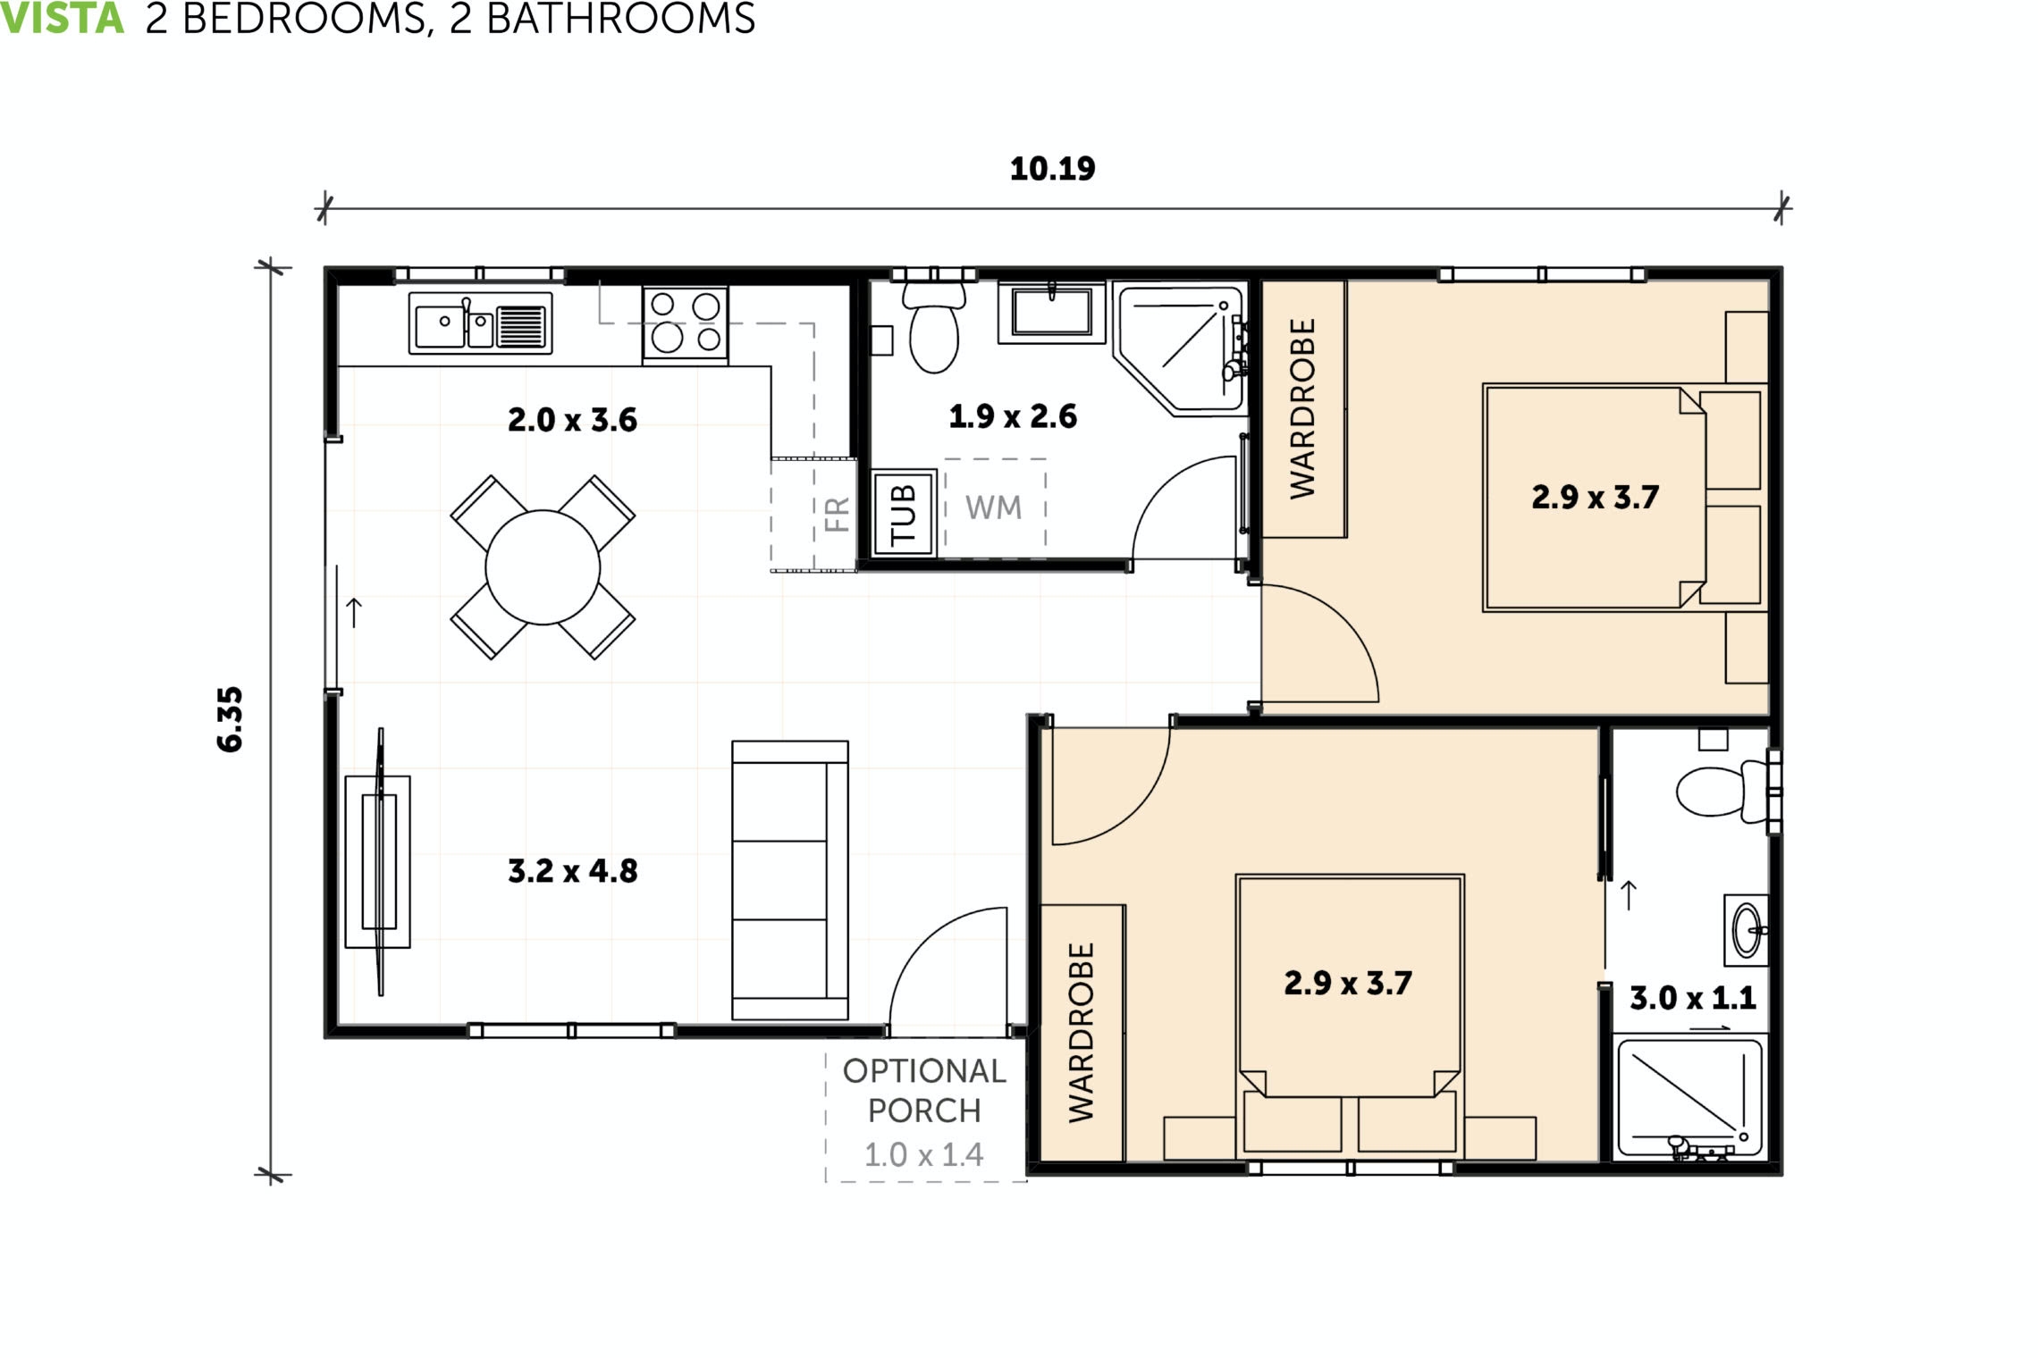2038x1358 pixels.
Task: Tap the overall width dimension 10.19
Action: [1052, 169]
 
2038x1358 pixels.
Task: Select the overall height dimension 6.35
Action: [230, 719]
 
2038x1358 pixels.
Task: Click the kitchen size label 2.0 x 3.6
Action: [572, 420]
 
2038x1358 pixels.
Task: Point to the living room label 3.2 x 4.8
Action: [572, 871]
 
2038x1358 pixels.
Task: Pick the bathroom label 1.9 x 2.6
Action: [1012, 416]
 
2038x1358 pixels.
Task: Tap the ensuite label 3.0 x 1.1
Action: [1692, 998]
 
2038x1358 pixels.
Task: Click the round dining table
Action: [543, 567]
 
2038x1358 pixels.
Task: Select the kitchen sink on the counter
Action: [480, 323]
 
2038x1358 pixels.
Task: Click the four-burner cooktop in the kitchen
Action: [685, 322]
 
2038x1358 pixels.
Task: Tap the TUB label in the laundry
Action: [903, 514]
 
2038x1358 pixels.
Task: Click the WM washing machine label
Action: [993, 507]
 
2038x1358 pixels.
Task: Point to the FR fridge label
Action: [837, 515]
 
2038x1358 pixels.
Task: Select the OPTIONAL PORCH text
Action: [924, 1091]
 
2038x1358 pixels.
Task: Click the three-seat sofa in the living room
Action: [789, 880]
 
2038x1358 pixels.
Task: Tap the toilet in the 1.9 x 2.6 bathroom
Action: [934, 331]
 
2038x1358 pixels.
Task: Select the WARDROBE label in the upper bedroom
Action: [1303, 408]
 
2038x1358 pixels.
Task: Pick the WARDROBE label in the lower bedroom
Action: [1082, 1032]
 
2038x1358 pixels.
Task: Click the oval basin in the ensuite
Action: [1745, 930]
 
